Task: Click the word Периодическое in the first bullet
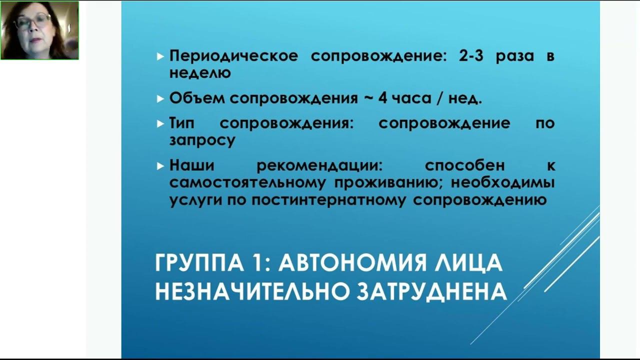point(233,55)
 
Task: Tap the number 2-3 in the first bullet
point(471,55)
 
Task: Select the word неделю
point(200,72)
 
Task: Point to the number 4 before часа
point(383,98)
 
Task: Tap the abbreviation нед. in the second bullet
point(465,98)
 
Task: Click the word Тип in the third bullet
point(182,123)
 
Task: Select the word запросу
point(202,140)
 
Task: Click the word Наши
point(191,165)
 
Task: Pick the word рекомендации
point(319,165)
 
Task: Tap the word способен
point(465,165)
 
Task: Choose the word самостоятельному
point(247,182)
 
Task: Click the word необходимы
point(502,182)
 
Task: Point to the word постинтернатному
point(328,199)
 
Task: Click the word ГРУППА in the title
point(199,262)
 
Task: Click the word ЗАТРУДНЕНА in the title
point(431,291)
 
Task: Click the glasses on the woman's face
point(32,21)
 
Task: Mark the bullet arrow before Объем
point(160,99)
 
